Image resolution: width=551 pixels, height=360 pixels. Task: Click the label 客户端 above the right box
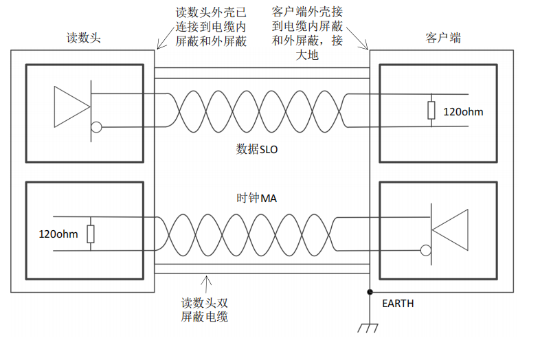click(x=443, y=38)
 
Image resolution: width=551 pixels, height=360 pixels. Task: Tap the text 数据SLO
click(x=257, y=148)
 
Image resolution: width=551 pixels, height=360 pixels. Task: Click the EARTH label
click(x=396, y=303)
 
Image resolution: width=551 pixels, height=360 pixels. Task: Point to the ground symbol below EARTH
click(x=370, y=328)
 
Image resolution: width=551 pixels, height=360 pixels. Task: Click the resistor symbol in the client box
click(x=431, y=111)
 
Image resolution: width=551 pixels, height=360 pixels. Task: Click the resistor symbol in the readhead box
click(x=90, y=234)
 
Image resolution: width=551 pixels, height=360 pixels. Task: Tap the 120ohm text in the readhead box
click(x=58, y=234)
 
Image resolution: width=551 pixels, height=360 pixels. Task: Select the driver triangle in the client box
click(x=450, y=229)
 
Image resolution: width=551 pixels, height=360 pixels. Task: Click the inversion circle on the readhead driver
click(x=97, y=126)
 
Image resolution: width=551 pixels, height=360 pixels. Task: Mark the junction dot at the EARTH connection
click(x=370, y=292)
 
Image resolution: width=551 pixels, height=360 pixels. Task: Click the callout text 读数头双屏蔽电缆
click(x=204, y=309)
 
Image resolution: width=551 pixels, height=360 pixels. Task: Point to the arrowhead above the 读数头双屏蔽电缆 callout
click(x=204, y=279)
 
